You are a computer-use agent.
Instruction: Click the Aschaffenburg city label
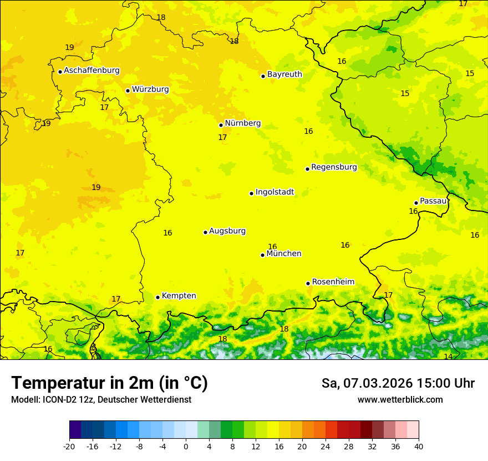[x=91, y=71]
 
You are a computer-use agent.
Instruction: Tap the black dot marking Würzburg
[x=128, y=91]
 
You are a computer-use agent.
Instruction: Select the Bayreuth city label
[x=284, y=74]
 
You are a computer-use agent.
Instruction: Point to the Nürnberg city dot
[x=221, y=125]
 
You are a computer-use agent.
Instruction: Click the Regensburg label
[x=334, y=167]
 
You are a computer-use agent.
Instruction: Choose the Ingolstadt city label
[x=274, y=192]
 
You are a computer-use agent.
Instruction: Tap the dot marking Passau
[x=416, y=203]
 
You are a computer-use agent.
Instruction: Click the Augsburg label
[x=227, y=231]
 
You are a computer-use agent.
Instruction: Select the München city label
[x=284, y=254]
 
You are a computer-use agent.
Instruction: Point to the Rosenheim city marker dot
[x=308, y=283]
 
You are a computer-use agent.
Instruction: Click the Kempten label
[x=179, y=296]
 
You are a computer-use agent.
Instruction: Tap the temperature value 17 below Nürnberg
[x=222, y=137]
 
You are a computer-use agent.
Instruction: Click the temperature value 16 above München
[x=272, y=247]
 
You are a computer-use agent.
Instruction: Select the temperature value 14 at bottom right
[x=448, y=357]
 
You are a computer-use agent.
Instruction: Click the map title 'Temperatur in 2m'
[x=109, y=383]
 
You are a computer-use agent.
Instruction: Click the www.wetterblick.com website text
[x=400, y=399]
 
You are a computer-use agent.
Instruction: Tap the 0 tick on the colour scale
[x=186, y=446]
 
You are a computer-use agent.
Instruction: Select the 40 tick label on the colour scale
[x=419, y=446]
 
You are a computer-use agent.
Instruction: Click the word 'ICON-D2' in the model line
[x=57, y=399]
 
